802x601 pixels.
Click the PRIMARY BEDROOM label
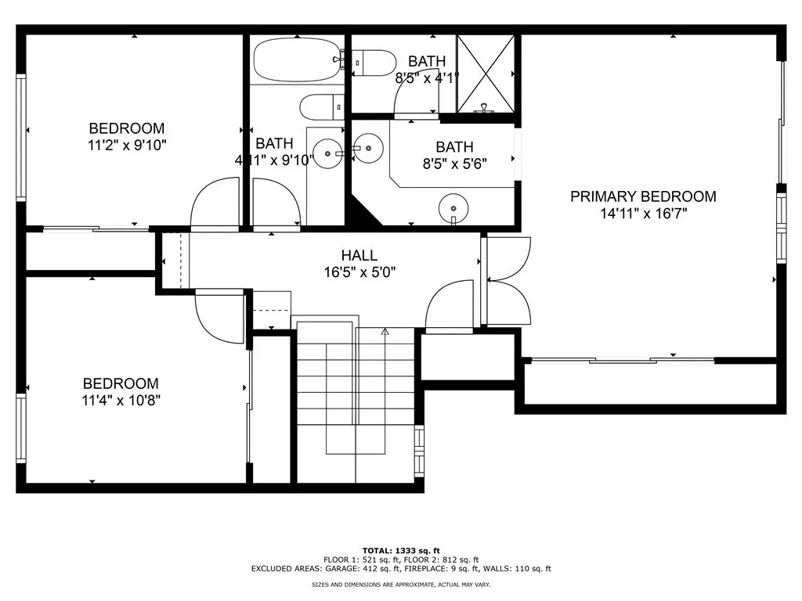pos(643,196)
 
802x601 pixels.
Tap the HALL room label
pos(359,255)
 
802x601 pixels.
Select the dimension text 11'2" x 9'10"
pos(128,145)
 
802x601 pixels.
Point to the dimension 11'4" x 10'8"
pos(121,400)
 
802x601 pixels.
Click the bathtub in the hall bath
pos(297,60)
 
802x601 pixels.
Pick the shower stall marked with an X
pos(486,74)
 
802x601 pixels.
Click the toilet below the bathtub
pos(322,106)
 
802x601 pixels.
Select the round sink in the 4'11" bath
pos(327,153)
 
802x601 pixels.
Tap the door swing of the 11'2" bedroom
pos(215,201)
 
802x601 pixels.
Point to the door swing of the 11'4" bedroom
pos(219,318)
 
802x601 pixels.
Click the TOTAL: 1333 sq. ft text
pos(401,550)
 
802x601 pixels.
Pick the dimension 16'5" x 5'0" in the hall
pos(359,272)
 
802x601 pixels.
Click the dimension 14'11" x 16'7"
pos(643,213)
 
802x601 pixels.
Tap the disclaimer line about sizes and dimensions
pos(401,584)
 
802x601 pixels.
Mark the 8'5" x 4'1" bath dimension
pos(427,77)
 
